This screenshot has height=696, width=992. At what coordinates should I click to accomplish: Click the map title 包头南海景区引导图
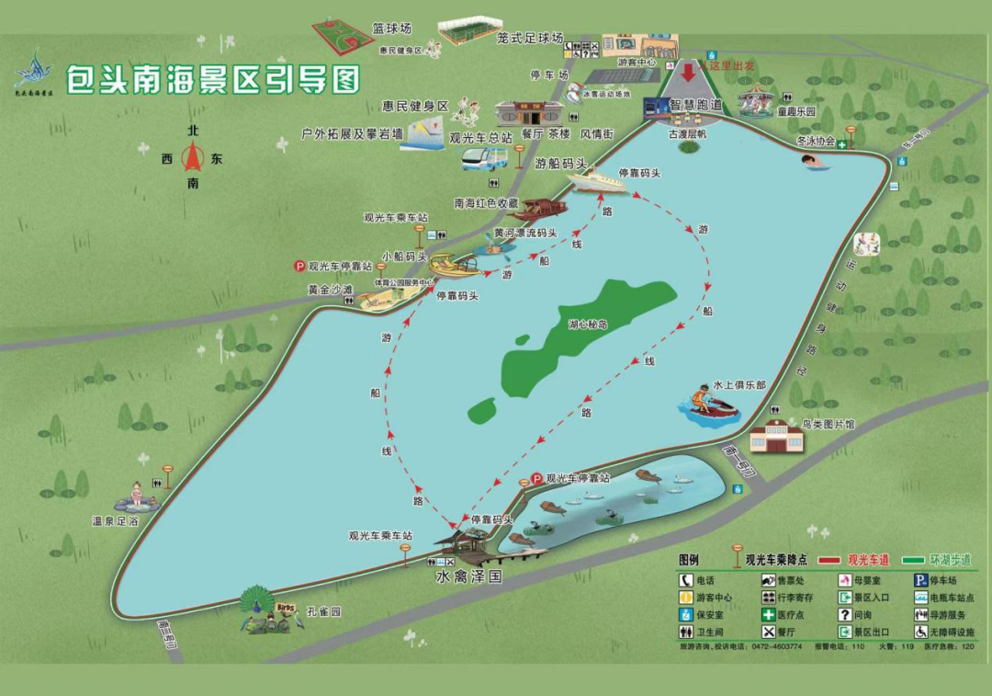[x=212, y=79]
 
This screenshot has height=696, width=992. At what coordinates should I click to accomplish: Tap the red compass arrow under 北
[x=192, y=157]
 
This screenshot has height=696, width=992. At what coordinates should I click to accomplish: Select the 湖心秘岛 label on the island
[x=588, y=324]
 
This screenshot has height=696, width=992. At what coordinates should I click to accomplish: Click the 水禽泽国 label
[x=468, y=578]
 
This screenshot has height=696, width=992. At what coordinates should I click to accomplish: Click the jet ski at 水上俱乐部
[x=709, y=405]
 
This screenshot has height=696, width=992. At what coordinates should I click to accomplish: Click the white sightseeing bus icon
[x=484, y=159]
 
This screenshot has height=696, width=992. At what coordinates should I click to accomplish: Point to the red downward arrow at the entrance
[x=688, y=73]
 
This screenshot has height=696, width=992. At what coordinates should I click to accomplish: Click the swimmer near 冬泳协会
[x=813, y=162]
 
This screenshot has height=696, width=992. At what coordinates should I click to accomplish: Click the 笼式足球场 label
[x=529, y=39]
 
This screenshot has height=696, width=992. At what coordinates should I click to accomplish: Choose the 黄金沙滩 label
[x=330, y=290]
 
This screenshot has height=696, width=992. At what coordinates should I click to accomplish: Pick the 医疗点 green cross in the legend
[x=768, y=615]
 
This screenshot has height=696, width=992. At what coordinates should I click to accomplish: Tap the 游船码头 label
[x=561, y=164]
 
